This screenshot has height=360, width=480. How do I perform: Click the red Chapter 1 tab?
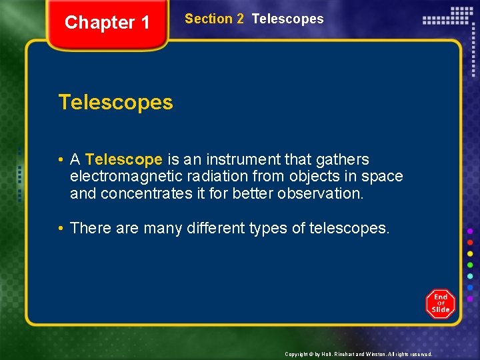point(107,23)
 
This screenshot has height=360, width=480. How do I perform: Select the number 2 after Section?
point(239,19)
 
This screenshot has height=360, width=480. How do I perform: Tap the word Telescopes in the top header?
point(287,19)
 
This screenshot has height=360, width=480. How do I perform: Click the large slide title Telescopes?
point(115,103)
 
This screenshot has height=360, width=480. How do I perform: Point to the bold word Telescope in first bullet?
point(124,160)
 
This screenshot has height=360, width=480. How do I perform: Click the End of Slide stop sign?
point(441,304)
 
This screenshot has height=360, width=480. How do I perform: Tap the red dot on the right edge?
point(471,242)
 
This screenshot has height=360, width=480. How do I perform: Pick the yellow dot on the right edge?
point(471,253)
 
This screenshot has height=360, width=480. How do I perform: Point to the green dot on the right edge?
point(471,265)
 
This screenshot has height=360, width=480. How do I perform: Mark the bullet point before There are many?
point(61,228)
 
